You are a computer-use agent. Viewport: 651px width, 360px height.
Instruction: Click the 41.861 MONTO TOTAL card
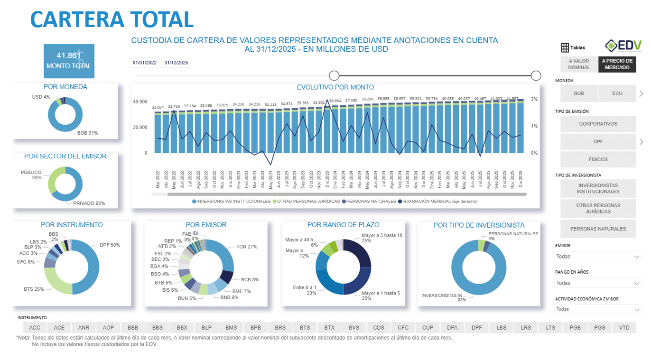click(69, 61)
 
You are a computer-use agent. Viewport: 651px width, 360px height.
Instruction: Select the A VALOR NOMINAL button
click(579, 64)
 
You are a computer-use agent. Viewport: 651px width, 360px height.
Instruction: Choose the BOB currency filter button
click(579, 93)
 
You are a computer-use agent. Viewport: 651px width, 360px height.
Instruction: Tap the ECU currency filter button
click(617, 93)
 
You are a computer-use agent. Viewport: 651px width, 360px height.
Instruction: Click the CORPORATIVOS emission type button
click(598, 124)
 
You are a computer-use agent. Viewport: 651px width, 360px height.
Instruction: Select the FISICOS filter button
click(598, 159)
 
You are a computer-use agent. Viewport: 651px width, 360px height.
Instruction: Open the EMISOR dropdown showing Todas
click(598, 257)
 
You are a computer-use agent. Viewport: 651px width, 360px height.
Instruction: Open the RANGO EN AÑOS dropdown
click(598, 283)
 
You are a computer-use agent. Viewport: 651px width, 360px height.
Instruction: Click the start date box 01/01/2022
click(145, 63)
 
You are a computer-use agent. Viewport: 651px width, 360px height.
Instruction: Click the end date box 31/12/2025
click(176, 63)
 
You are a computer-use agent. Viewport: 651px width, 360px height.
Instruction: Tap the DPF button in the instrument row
click(476, 328)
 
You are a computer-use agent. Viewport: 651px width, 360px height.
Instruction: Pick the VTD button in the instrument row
click(624, 328)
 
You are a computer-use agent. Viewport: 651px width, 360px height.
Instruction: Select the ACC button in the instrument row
click(35, 328)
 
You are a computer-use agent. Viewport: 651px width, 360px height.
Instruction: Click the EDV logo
click(623, 46)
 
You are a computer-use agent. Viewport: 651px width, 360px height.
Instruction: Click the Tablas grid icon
click(565, 47)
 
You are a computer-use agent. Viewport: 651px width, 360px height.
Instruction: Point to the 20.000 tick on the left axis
click(139, 128)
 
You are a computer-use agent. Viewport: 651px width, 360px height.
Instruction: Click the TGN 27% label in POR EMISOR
click(246, 247)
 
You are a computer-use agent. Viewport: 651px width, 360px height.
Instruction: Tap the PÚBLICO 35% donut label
click(31, 175)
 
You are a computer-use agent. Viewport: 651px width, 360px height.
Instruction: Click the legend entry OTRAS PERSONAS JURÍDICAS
click(308, 202)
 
